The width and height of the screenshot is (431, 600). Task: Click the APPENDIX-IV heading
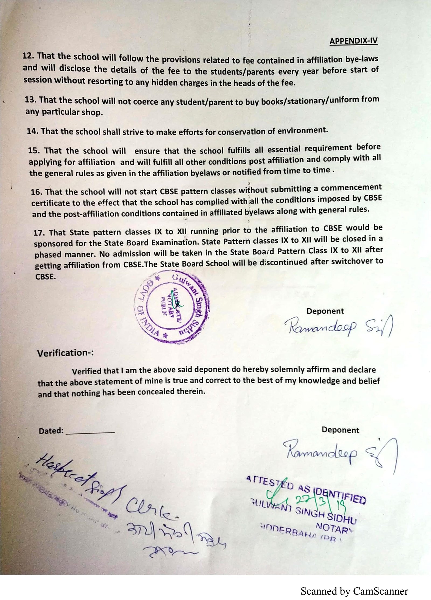[x=353, y=41]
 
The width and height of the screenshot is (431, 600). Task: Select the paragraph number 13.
[x=30, y=99]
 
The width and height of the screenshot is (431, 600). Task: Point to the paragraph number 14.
[x=33, y=131]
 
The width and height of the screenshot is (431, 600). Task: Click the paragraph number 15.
[x=34, y=150]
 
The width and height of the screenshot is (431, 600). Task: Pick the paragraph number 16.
[x=36, y=192]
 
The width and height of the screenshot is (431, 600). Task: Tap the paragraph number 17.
[x=39, y=233]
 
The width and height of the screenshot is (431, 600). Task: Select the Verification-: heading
[x=65, y=353]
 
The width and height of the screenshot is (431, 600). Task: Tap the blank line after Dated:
[x=90, y=432]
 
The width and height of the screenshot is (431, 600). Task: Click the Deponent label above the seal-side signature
[x=325, y=311]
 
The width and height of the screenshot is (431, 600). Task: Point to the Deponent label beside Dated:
[x=340, y=430]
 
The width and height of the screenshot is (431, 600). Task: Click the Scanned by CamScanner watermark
[x=354, y=591]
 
